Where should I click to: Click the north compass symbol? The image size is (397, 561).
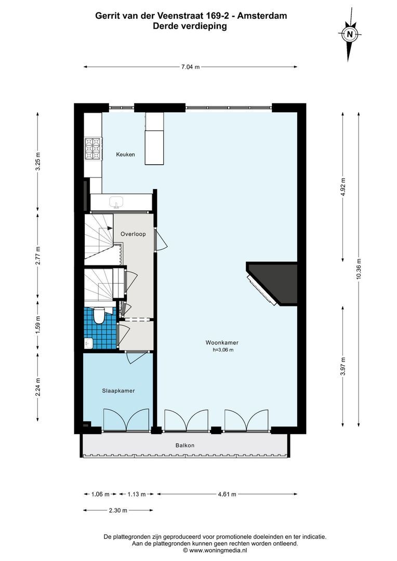point(350,35)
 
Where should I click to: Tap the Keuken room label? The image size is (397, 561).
point(126,154)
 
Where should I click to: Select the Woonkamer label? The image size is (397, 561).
point(222,343)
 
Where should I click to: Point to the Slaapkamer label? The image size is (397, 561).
point(118,391)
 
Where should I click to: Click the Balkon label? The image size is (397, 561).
point(184,445)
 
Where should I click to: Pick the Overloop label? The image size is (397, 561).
point(133,234)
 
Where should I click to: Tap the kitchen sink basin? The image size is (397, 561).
point(116,202)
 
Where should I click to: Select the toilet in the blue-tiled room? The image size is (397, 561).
point(98,315)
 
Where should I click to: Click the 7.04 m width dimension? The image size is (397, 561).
point(190,66)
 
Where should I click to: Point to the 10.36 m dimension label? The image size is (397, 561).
point(359,269)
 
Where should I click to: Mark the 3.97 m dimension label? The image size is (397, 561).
point(343,366)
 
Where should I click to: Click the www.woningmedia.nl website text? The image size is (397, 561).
point(218,550)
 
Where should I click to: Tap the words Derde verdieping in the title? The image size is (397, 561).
point(190,26)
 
